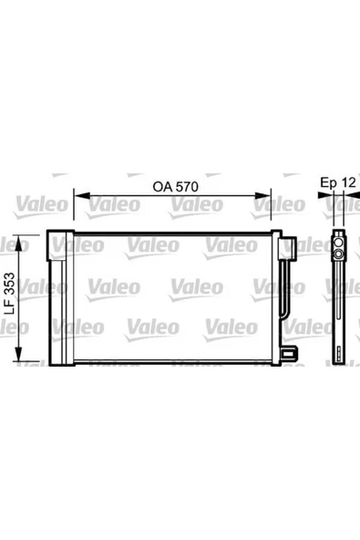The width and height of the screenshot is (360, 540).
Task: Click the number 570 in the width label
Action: coord(187,187)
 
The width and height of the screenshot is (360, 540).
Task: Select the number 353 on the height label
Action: coord(11,284)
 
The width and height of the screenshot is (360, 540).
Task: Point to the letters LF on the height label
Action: coord(11,306)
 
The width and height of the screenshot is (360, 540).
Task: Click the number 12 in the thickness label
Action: coord(349,182)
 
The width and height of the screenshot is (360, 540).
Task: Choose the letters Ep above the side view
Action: coord(329,183)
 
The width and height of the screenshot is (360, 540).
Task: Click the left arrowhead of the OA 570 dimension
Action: coord(82,195)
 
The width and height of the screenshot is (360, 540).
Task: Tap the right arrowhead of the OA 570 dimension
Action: coord(263,195)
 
